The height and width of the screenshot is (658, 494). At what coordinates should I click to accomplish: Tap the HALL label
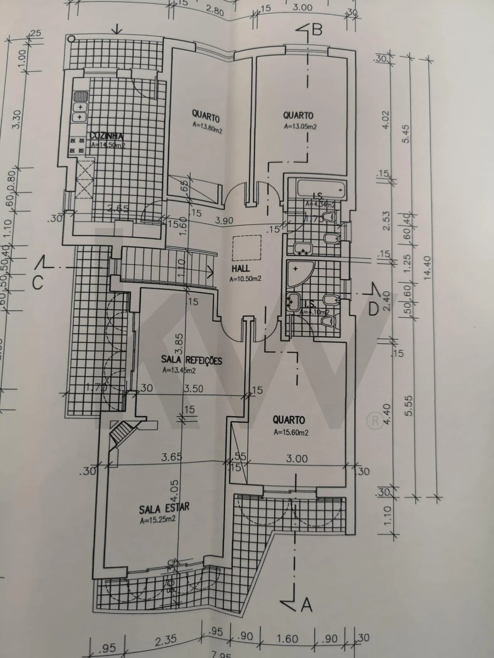point(241,269)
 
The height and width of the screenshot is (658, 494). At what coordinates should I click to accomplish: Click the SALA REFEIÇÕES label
point(192,360)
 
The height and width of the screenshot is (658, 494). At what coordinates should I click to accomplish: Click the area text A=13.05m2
point(300,126)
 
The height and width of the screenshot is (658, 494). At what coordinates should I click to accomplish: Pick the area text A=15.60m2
point(291,432)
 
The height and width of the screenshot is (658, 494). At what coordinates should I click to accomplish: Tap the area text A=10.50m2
point(246,279)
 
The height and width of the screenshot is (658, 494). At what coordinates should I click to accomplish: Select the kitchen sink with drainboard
point(81,96)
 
